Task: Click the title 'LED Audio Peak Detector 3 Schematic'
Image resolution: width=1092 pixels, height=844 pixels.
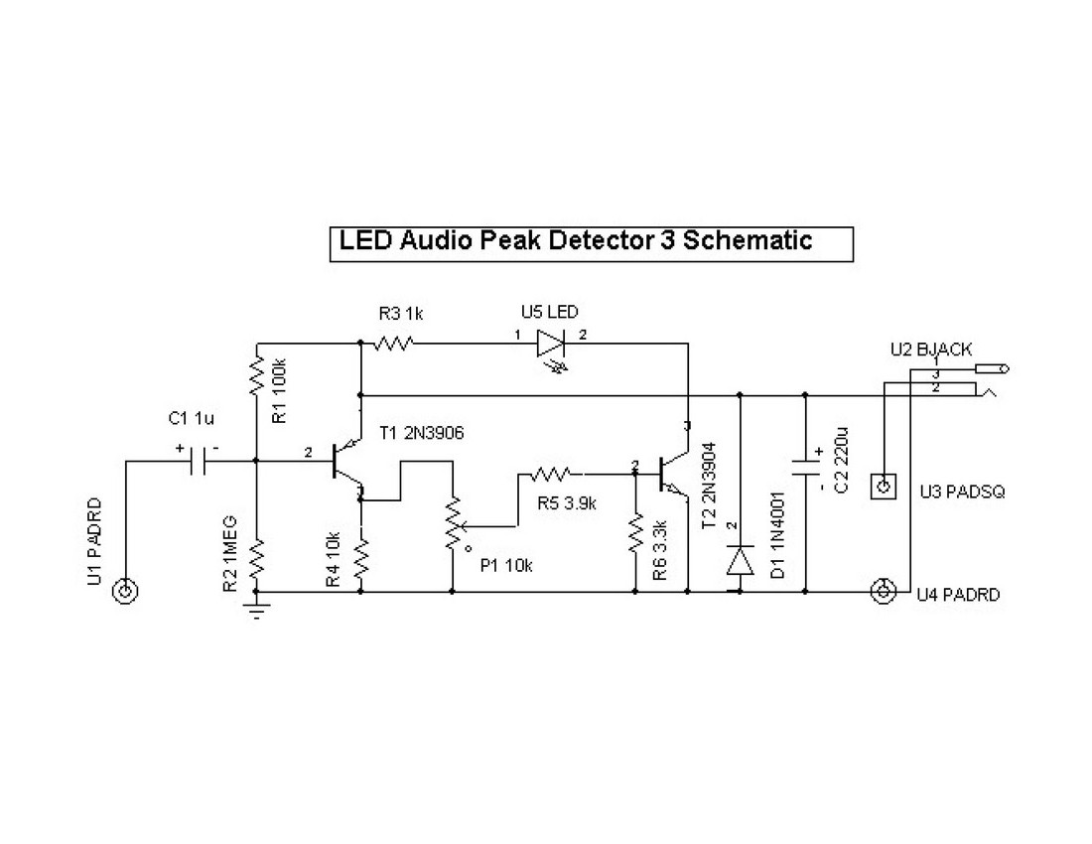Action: pyautogui.click(x=576, y=240)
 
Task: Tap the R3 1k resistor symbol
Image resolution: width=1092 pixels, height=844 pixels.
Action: pyautogui.click(x=392, y=345)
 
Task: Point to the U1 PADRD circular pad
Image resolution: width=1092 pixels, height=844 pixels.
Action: pyautogui.click(x=125, y=592)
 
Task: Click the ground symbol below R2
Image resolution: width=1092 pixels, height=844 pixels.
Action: pyautogui.click(x=257, y=608)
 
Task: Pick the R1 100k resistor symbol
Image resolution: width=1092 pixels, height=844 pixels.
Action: pyautogui.click(x=257, y=376)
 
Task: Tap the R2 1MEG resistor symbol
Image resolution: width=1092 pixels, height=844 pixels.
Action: pyautogui.click(x=257, y=559)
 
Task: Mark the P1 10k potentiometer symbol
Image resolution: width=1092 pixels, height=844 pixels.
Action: pyautogui.click(x=453, y=523)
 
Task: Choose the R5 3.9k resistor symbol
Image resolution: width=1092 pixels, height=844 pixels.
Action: pyautogui.click(x=551, y=473)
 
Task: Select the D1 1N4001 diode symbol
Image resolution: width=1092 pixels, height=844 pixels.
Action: pyautogui.click(x=738, y=562)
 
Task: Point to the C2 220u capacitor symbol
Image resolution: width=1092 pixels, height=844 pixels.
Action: pyautogui.click(x=805, y=467)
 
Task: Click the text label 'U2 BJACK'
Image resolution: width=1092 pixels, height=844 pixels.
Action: pyautogui.click(x=930, y=350)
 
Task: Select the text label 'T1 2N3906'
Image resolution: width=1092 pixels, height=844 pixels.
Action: pyautogui.click(x=422, y=433)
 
